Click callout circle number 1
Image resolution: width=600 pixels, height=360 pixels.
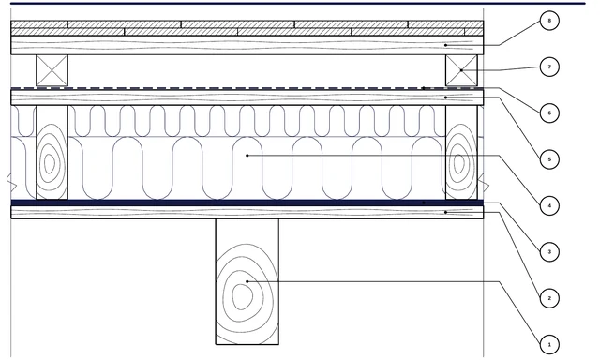[x=549, y=344]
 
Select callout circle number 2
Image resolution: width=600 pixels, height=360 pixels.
[x=549, y=298]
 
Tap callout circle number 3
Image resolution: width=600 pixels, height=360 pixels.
[x=549, y=252]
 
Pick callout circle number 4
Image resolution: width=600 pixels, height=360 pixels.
[x=549, y=205]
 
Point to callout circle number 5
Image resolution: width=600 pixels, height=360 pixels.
[x=549, y=159]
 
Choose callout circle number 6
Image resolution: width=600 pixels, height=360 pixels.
[x=549, y=112]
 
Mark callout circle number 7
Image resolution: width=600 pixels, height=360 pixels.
[x=549, y=67]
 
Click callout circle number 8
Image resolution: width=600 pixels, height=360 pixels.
[x=549, y=21]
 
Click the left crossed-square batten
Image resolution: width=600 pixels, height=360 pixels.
[x=52, y=70]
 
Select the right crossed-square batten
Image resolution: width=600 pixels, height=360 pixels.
[x=461, y=70]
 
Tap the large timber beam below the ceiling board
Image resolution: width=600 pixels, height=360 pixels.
[x=247, y=281]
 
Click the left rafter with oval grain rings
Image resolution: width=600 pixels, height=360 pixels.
[x=52, y=152]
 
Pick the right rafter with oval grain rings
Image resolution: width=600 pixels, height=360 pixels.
[x=461, y=152]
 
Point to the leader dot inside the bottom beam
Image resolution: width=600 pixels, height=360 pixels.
[x=247, y=281]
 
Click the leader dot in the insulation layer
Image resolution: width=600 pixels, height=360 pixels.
[x=247, y=156]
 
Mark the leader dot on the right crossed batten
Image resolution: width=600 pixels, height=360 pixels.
[x=461, y=70]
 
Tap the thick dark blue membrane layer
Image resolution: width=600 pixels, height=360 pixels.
[x=247, y=202]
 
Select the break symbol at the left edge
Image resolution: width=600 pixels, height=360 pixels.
[x=12, y=183]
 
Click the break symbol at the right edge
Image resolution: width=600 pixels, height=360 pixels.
[x=484, y=183]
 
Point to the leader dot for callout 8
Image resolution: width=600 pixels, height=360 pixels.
[x=446, y=45]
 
